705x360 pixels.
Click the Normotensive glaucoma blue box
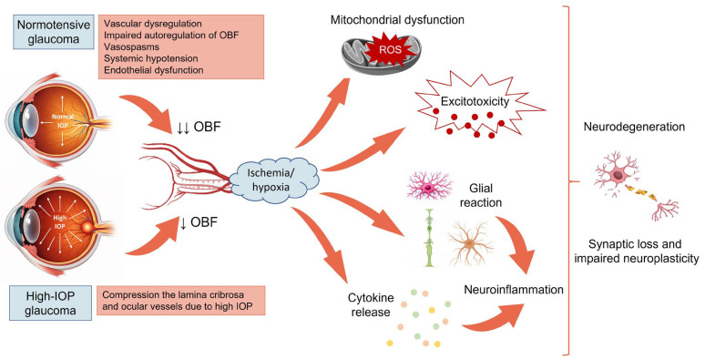tap(54, 32)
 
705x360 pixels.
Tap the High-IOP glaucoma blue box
tap(50, 303)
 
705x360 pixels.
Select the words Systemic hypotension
tap(150, 58)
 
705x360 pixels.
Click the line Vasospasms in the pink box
tap(131, 46)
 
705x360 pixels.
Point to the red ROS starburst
tap(389, 49)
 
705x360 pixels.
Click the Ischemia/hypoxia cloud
tap(274, 180)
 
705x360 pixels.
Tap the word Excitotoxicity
tap(475, 101)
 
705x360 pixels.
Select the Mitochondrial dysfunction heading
tap(397, 20)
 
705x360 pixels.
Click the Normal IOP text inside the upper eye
tap(63, 120)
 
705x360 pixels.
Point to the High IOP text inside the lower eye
tap(60, 221)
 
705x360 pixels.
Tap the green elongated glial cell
tap(428, 238)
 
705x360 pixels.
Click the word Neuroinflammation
tap(514, 289)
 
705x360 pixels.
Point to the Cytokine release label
tap(371, 304)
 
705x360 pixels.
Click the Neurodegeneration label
tap(634, 127)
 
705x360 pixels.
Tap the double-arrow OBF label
tap(199, 127)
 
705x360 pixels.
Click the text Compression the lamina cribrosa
tap(173, 295)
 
